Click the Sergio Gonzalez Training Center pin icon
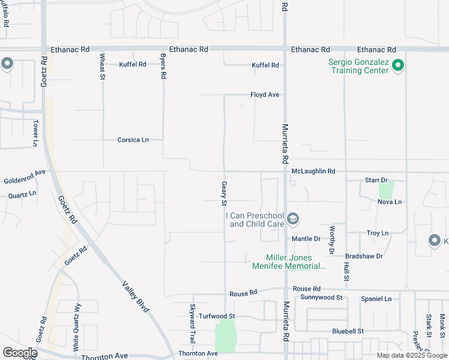point(397,65)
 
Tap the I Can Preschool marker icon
point(293,219)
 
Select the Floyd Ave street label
point(265,95)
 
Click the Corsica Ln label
point(133,140)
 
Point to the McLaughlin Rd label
point(313,171)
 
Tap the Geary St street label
point(224,192)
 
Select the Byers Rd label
point(163,67)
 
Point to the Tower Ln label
point(35,133)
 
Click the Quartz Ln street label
point(22,195)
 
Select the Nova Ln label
point(390,202)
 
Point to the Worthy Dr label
point(331,238)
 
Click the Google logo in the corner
point(19,353)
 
